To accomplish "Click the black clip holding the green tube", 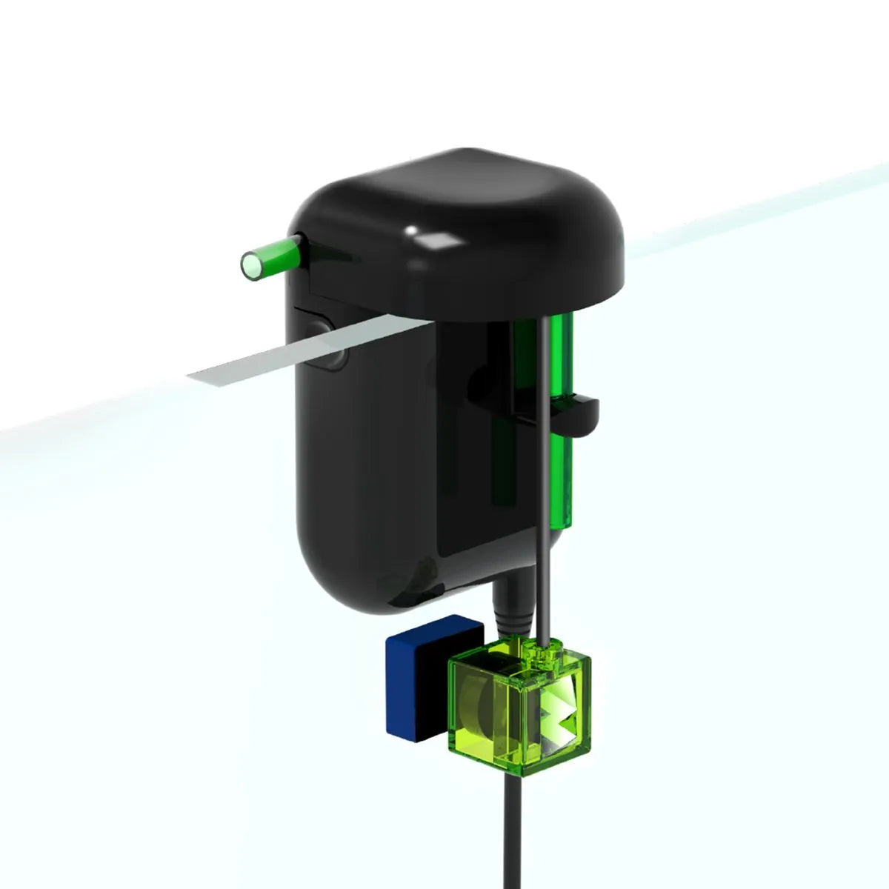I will click(x=578, y=415).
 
